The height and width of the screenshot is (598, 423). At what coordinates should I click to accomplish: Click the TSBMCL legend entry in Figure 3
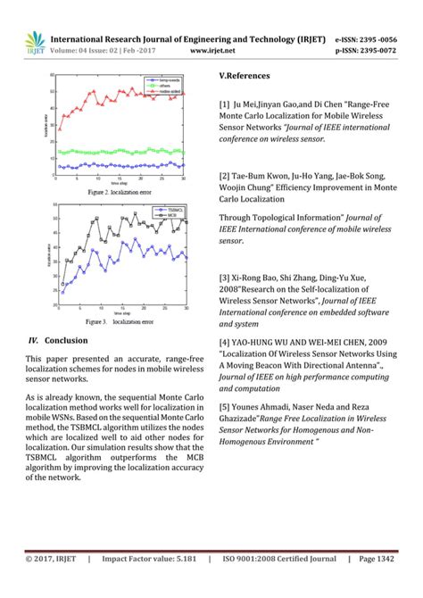[x=167, y=210]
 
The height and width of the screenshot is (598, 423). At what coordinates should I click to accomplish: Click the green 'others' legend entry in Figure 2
[x=166, y=86]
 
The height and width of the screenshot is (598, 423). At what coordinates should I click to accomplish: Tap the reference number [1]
[x=225, y=104]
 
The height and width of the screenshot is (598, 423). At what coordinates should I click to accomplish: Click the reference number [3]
[x=225, y=278]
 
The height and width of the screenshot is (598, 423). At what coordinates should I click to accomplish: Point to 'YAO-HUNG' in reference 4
[x=261, y=341]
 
